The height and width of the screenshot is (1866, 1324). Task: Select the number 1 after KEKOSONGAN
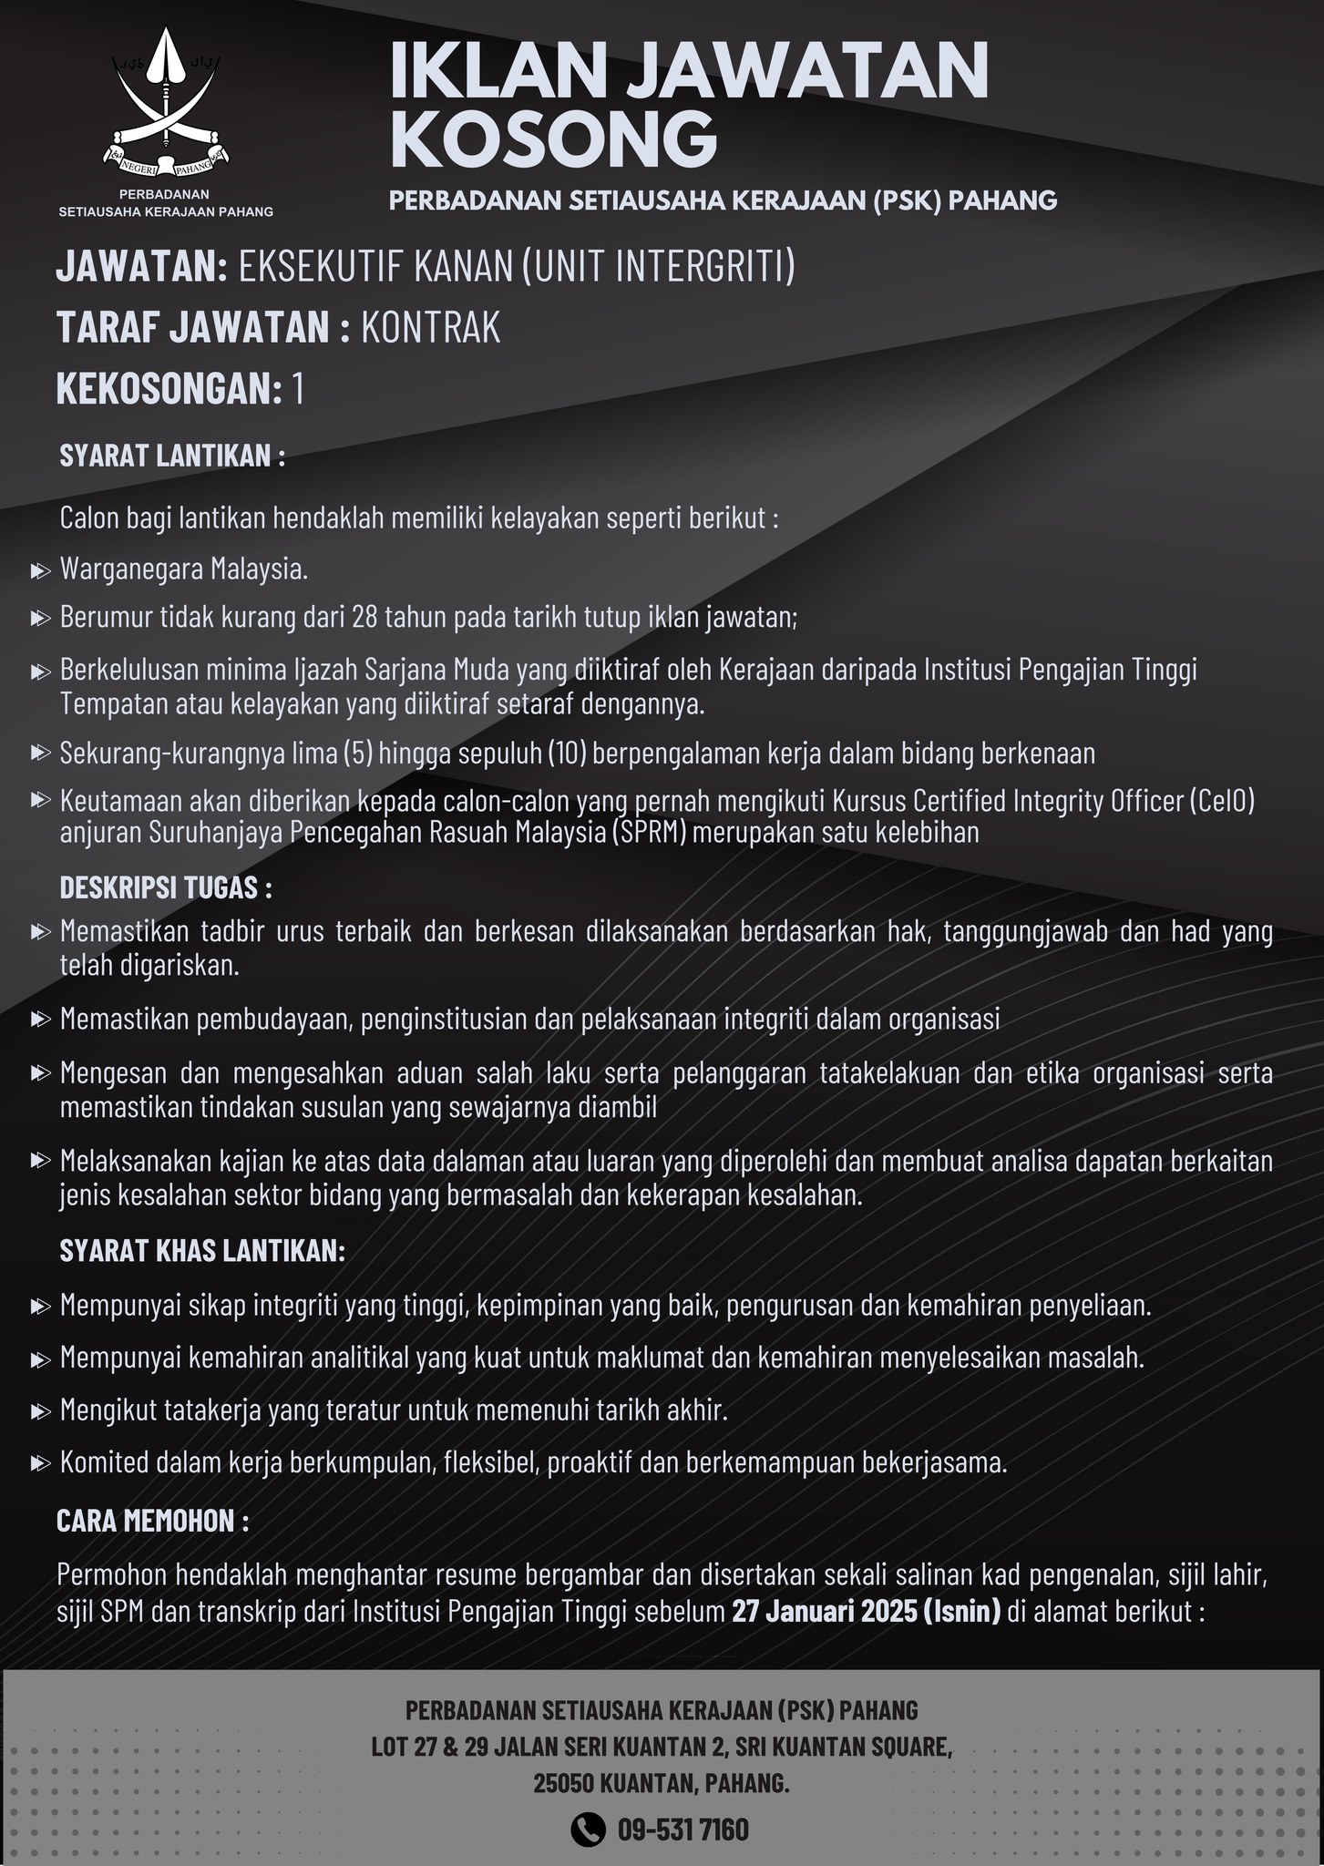298,390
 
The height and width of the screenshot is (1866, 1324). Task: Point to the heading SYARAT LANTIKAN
172,456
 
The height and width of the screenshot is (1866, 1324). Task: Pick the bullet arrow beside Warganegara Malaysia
40,571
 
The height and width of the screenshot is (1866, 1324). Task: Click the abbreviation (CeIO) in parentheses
1221,801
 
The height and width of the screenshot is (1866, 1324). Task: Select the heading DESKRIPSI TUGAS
165,888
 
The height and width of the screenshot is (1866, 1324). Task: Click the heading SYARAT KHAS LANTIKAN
202,1251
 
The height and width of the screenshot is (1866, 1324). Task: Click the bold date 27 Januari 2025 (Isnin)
866,1611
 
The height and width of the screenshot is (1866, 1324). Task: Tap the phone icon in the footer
588,1829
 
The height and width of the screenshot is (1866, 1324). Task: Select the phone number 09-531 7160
683,1830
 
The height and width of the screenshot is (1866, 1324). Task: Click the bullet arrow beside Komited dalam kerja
40,1464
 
